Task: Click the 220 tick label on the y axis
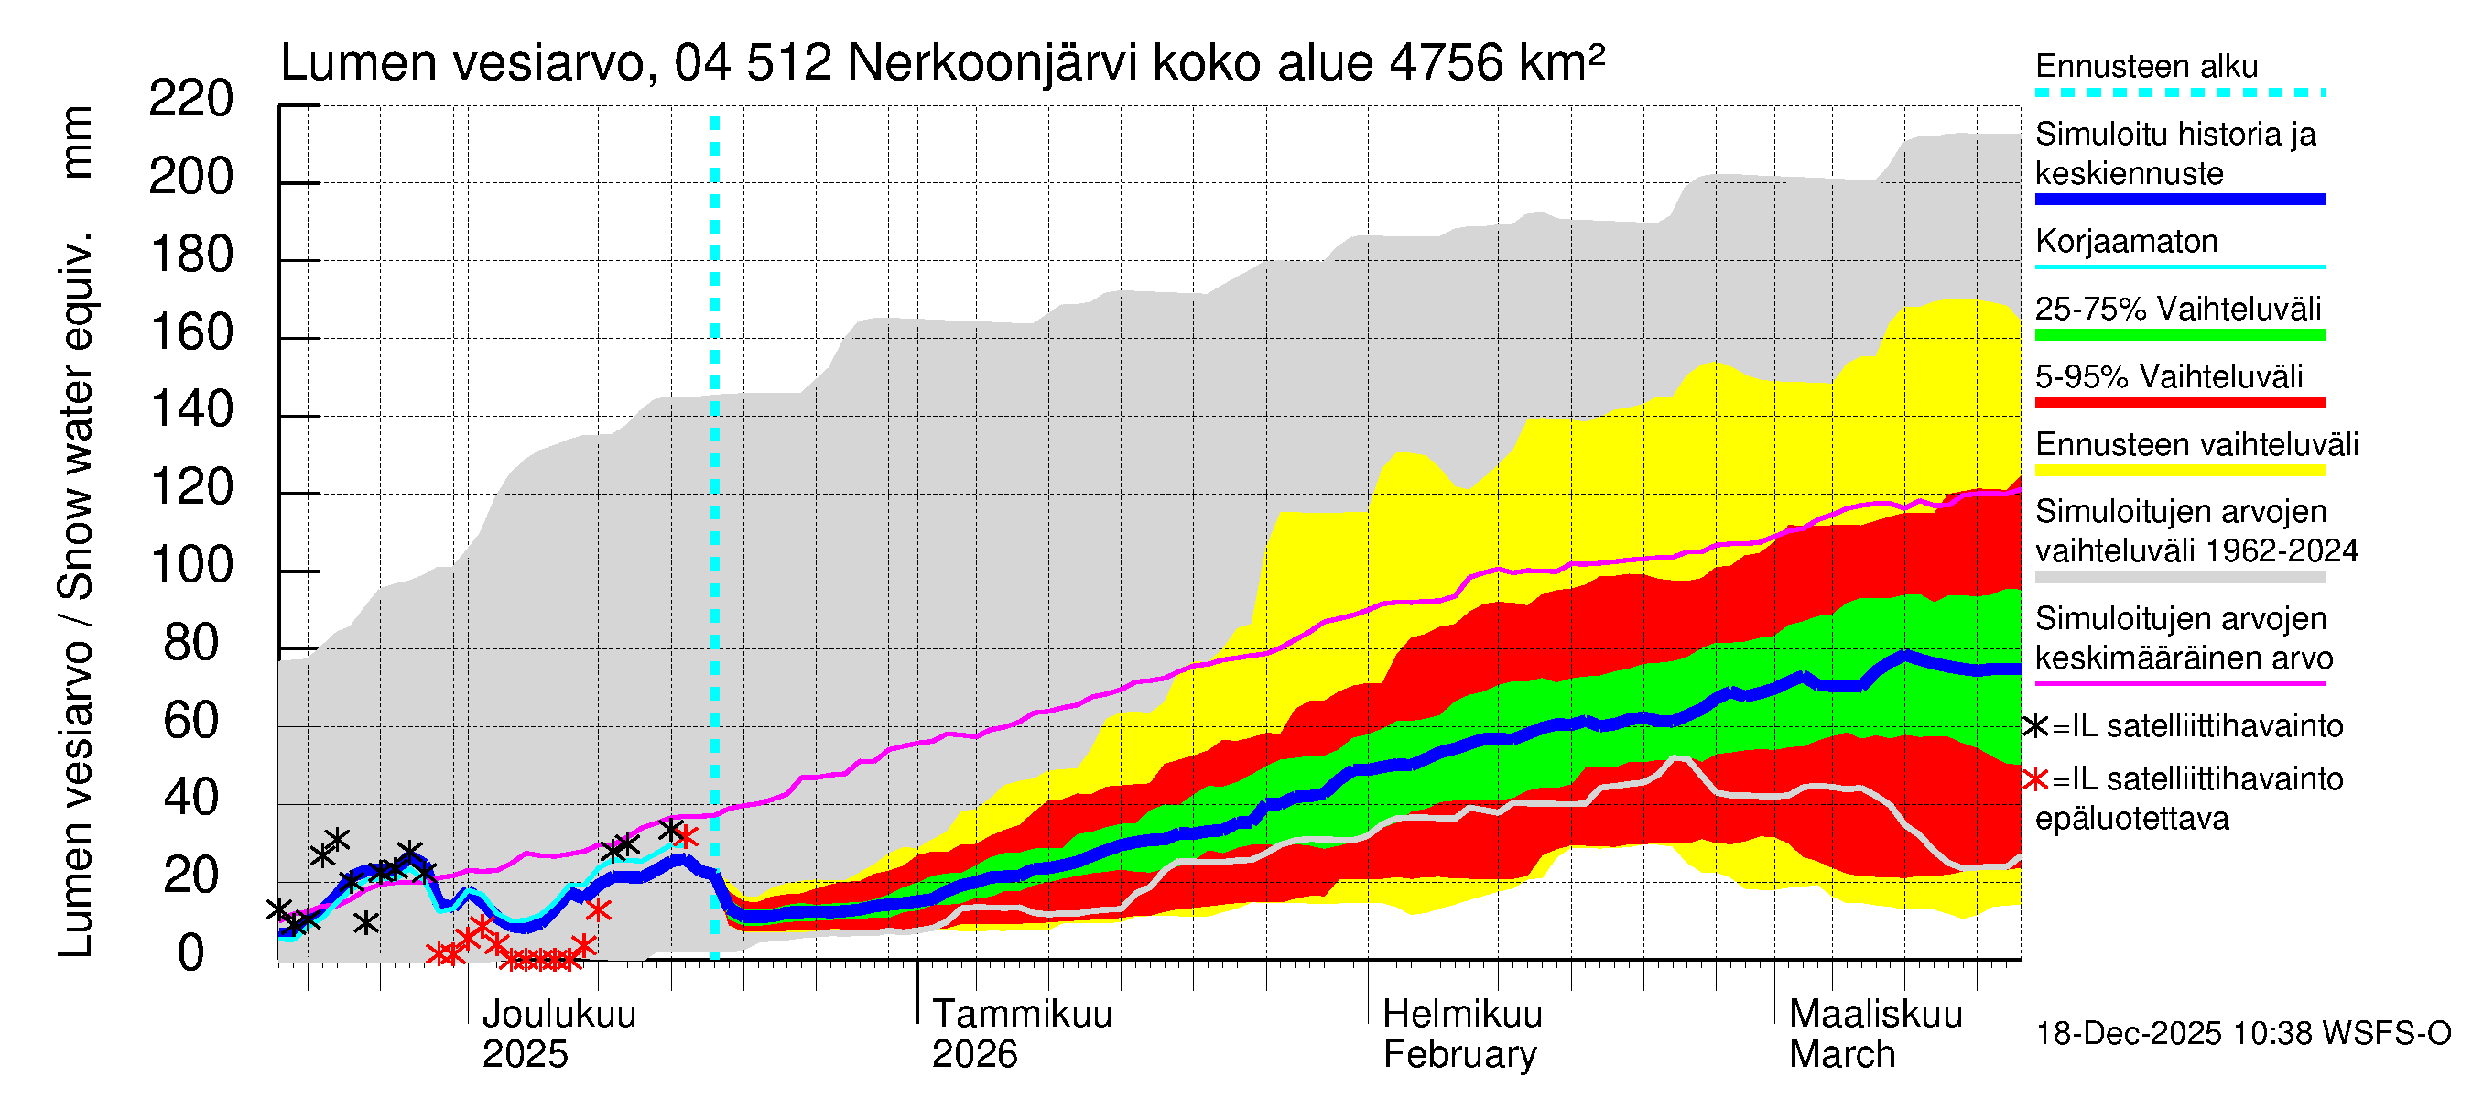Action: [x=191, y=99]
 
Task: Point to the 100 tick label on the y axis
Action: [x=191, y=565]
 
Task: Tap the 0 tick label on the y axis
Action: [x=191, y=953]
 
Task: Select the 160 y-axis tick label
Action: [x=191, y=332]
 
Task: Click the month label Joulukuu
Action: [x=558, y=1014]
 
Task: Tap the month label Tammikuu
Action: [x=1022, y=1014]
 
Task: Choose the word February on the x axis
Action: [x=1459, y=1055]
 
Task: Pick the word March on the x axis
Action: [x=1841, y=1055]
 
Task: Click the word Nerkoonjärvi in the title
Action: [x=992, y=63]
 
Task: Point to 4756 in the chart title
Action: [x=1447, y=63]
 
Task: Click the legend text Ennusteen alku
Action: [x=2147, y=66]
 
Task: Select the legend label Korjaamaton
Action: [x=2127, y=241]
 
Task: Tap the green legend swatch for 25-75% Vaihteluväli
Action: [x=2180, y=335]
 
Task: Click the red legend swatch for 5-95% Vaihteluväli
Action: [x=2180, y=402]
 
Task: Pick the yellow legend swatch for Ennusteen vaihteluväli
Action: [x=2180, y=471]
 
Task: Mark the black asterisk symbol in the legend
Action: [x=2035, y=726]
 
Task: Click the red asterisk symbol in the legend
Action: [x=2035, y=779]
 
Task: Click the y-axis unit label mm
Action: [x=77, y=142]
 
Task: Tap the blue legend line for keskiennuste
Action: [x=2180, y=200]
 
